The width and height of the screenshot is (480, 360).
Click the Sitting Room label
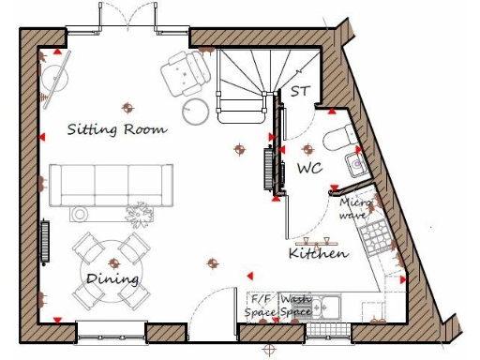(x=117, y=128)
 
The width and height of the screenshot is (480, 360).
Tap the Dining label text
(x=112, y=278)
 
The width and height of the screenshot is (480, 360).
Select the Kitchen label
(x=318, y=253)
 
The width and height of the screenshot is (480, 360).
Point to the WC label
(x=310, y=169)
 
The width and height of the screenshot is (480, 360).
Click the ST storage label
(x=300, y=92)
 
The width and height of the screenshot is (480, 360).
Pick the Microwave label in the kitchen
(x=355, y=207)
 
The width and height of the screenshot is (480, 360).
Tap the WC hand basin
(x=357, y=165)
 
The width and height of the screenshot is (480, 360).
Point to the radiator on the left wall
(x=44, y=242)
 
